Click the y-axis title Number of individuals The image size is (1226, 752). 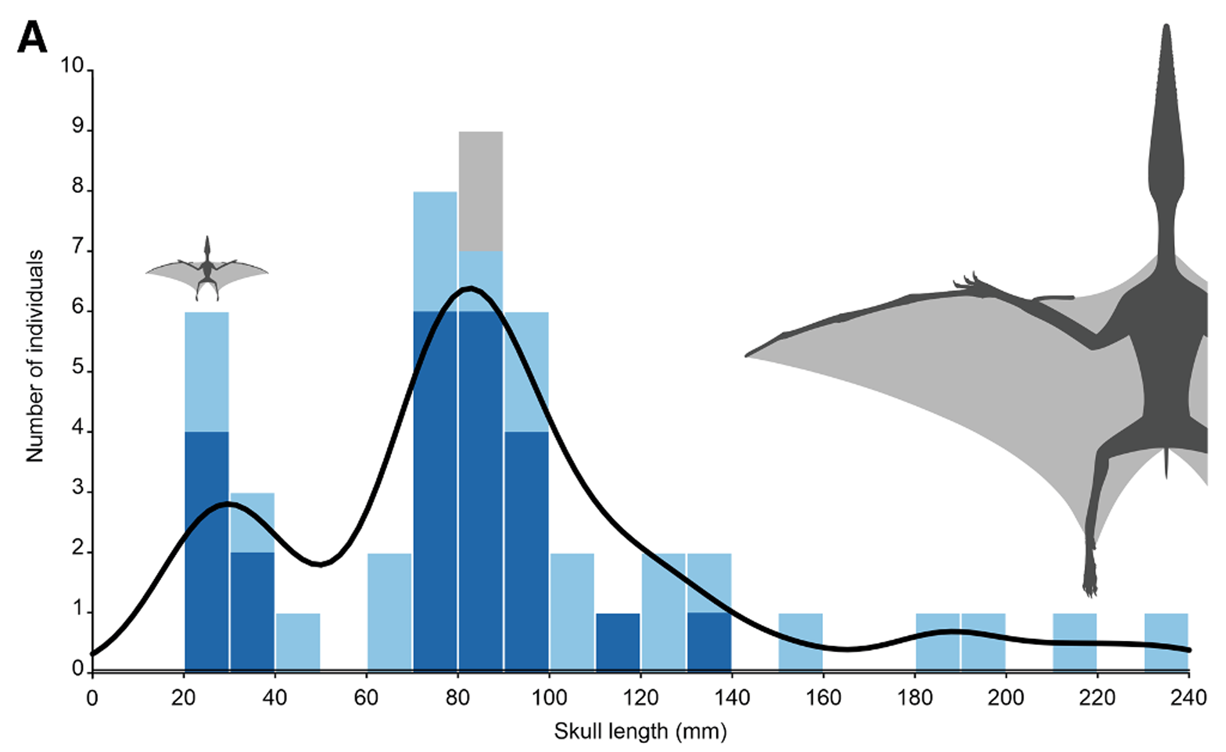click(35, 356)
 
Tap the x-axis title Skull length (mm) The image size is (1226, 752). click(640, 732)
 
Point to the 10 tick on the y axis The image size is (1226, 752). click(72, 66)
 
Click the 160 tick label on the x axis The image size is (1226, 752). click(823, 698)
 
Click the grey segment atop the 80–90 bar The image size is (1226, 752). click(481, 191)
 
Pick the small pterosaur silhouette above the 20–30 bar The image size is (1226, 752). click(207, 269)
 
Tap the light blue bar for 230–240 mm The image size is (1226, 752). click(1166, 641)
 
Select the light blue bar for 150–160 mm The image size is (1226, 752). click(800, 641)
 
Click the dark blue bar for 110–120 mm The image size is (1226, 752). click(618, 641)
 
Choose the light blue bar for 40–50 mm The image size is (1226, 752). click(298, 641)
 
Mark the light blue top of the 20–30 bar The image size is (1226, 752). click(206, 371)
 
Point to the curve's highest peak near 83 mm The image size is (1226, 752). click(470, 289)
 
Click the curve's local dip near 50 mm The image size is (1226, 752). click(319, 564)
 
